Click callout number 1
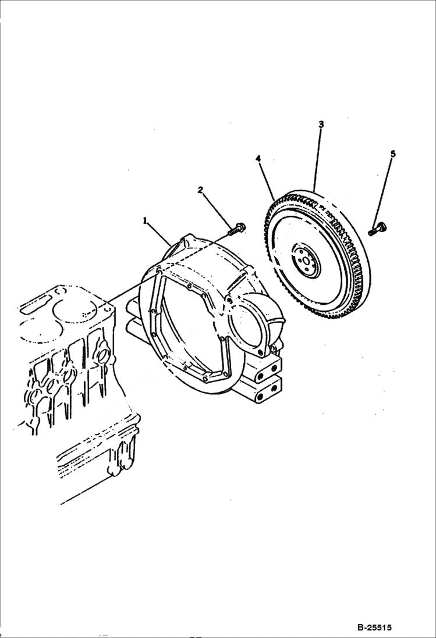146,220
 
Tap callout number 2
200,190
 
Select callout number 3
321,124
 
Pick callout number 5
392,154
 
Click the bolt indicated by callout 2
236,229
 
